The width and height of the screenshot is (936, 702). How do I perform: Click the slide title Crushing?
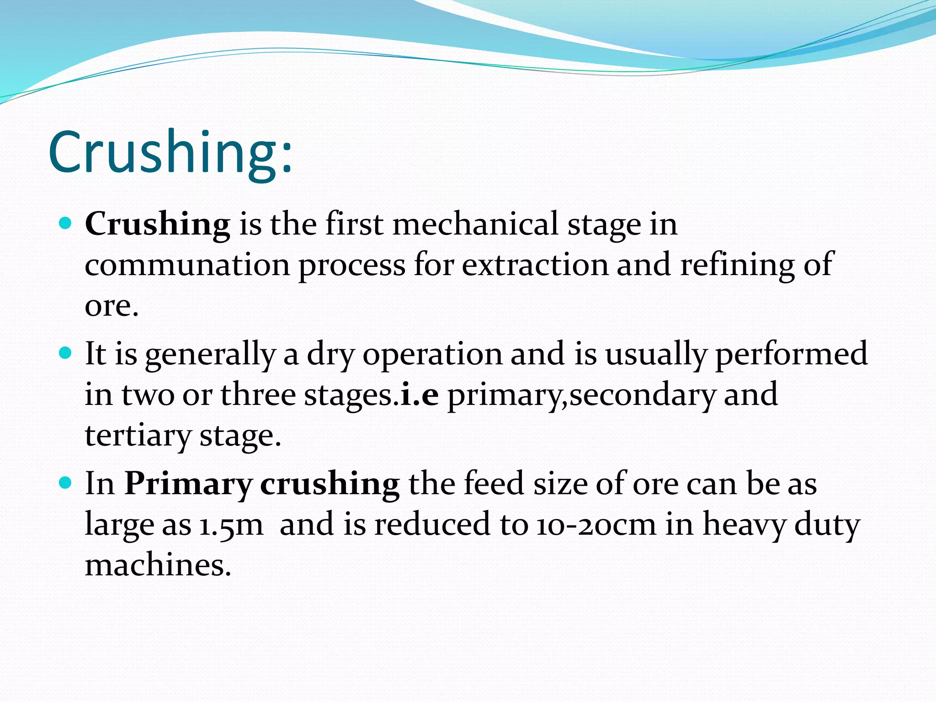click(x=170, y=153)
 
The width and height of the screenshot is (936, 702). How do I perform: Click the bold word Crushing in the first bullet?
click(x=158, y=225)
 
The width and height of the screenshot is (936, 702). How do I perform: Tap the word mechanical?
click(x=475, y=224)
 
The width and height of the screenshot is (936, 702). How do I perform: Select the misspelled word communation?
click(x=187, y=265)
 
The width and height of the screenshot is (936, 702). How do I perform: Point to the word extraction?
click(x=535, y=265)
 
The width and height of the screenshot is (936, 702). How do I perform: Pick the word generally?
click(x=210, y=355)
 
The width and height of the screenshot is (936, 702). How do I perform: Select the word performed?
click(x=791, y=355)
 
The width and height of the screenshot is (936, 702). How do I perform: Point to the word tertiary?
click(x=138, y=436)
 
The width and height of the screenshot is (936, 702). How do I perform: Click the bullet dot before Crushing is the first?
click(x=66, y=223)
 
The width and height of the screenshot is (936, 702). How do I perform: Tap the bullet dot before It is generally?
click(x=66, y=353)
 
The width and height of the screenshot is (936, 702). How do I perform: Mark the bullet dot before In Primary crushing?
click(x=66, y=483)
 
